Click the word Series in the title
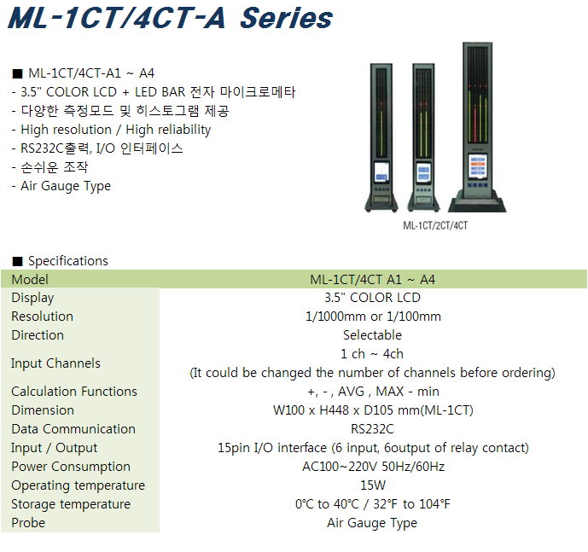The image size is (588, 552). pos(286,18)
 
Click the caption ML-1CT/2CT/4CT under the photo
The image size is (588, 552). pos(435,225)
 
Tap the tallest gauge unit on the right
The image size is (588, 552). pos(477,127)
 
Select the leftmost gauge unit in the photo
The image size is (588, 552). pos(381,137)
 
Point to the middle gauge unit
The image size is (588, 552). pos(424,137)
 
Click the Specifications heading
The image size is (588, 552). pos(68,260)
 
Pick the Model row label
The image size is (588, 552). pos(30,279)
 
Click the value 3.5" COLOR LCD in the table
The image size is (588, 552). pos(372,298)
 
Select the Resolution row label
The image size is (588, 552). pos(43,317)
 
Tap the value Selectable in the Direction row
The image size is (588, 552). pos(372,335)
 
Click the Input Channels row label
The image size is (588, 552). pos(55,363)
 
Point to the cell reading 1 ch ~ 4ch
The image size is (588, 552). pos(372,353)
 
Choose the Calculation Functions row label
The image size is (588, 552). pos(74,391)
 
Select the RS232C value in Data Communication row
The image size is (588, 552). pos(372,428)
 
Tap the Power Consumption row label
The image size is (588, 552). pos(71,467)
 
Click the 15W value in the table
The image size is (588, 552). pos(373,485)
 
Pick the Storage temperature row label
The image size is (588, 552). pos(71,504)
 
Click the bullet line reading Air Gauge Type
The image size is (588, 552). pos(66,186)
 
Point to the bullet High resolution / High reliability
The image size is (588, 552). pos(116,130)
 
